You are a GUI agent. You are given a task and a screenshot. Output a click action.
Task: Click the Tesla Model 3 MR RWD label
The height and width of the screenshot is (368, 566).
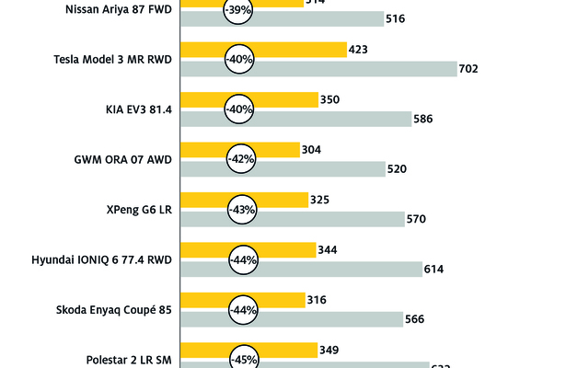114,60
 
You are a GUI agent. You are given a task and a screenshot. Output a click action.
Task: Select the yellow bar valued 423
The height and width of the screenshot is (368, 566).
285,50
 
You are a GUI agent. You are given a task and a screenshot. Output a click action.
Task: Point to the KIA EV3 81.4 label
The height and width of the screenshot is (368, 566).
139,109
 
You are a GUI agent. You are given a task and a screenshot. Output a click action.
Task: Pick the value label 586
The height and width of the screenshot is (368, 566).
424,119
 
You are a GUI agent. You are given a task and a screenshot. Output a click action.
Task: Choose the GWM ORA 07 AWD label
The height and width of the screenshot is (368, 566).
124,159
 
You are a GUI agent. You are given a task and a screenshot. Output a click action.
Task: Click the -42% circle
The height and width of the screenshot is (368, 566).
240,159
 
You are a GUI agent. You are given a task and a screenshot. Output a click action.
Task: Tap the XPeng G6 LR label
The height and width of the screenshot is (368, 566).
139,209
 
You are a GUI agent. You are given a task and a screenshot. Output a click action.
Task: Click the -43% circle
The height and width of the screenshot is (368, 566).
240,209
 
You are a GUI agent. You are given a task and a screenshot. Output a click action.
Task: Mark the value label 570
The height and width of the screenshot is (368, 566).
418,219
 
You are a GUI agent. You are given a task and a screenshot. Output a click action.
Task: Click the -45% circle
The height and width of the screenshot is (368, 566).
240,359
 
